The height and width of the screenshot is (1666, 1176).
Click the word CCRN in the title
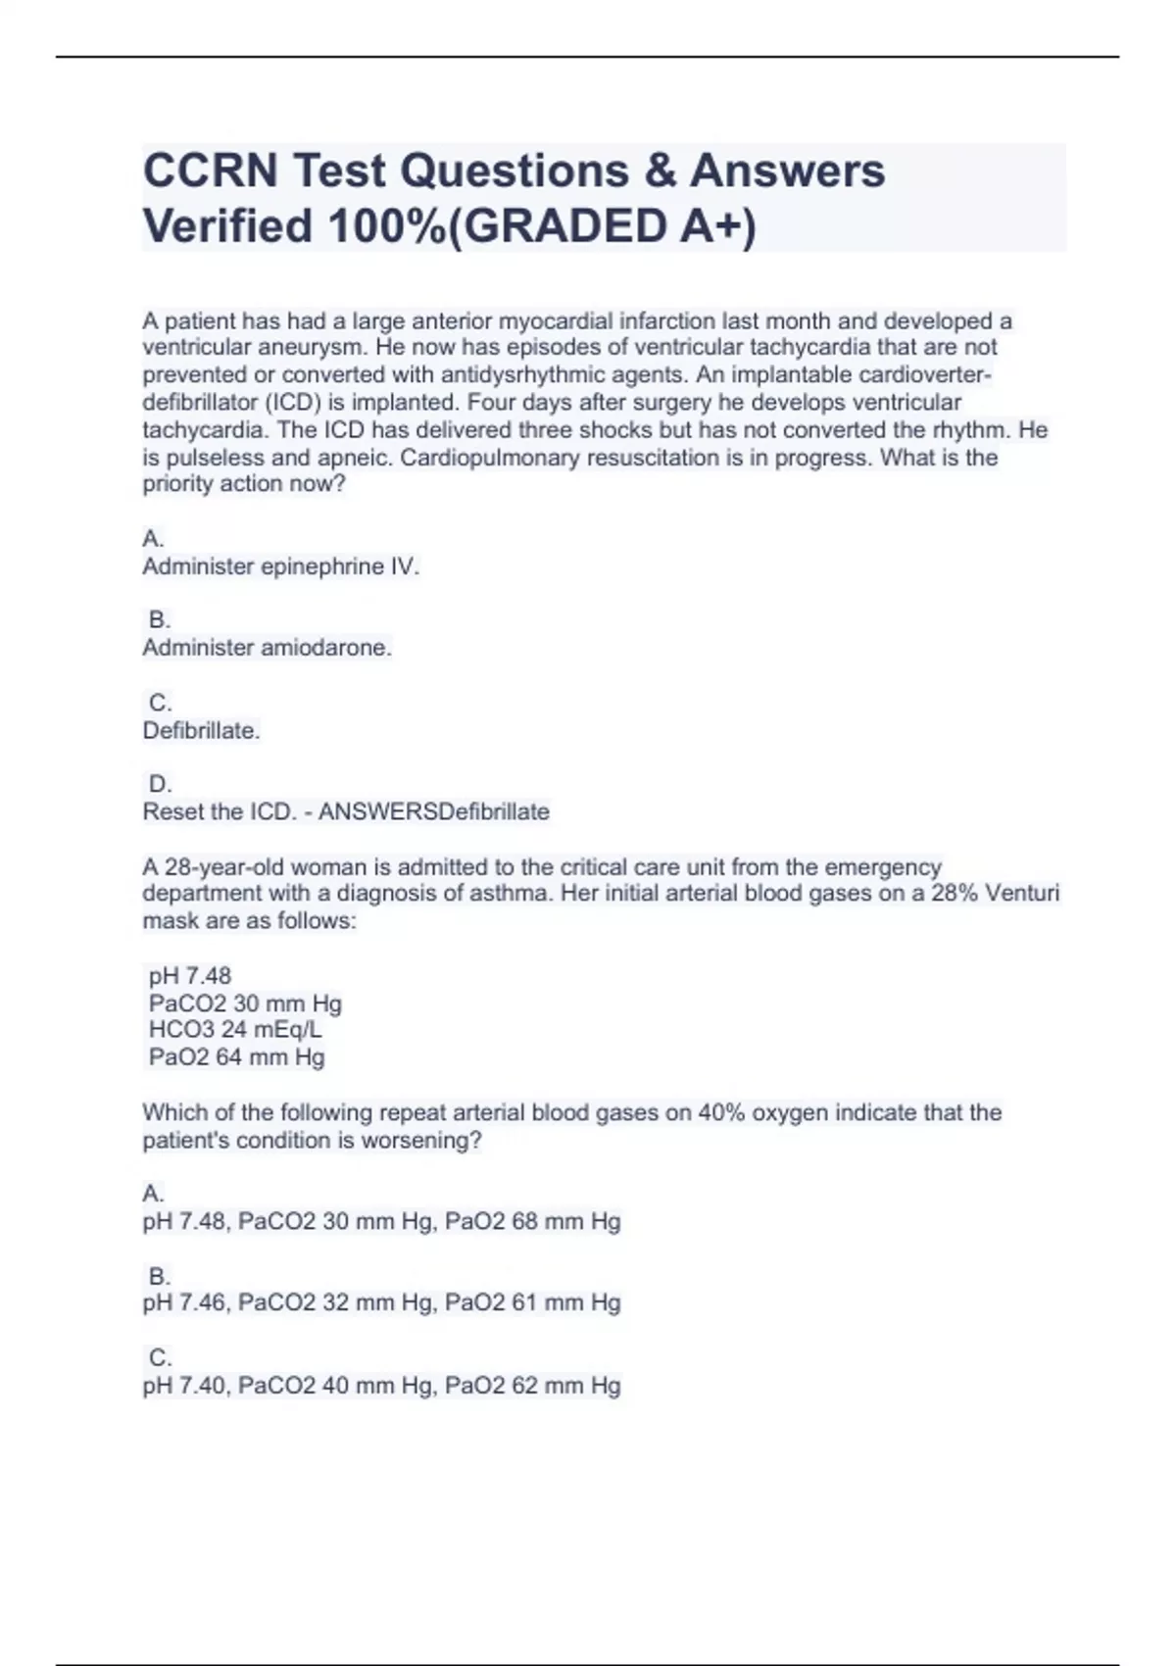[211, 171]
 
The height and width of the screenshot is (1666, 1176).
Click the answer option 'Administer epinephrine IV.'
[280, 566]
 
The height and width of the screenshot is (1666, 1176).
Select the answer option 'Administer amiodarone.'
[267, 648]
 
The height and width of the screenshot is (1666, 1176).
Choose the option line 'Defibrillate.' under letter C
[201, 731]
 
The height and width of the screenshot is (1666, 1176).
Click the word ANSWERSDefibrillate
[434, 812]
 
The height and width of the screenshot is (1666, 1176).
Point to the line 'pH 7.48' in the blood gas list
[190, 976]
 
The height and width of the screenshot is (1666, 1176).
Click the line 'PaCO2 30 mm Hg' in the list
[245, 1004]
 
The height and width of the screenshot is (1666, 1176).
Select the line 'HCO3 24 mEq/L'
[235, 1030]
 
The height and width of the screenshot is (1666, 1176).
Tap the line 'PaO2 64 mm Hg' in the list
[236, 1057]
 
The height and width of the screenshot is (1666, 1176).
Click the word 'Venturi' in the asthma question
[1022, 894]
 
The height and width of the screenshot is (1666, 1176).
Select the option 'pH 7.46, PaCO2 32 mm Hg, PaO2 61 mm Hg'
[381, 1303]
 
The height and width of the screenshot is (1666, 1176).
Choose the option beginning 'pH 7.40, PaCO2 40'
[381, 1386]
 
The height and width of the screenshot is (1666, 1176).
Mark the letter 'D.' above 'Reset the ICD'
[160, 785]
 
